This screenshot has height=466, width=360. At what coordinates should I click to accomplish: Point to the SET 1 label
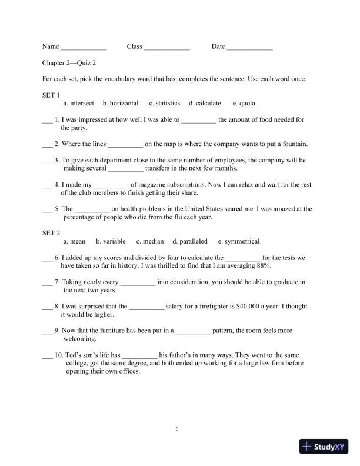pos(51,95)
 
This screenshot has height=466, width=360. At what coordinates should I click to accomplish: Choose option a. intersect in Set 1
pos(78,104)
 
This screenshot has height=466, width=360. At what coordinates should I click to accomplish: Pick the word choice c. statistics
pos(164,104)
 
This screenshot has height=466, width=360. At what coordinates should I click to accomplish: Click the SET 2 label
pos(51,233)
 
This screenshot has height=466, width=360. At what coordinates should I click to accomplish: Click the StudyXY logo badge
pos(325,447)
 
